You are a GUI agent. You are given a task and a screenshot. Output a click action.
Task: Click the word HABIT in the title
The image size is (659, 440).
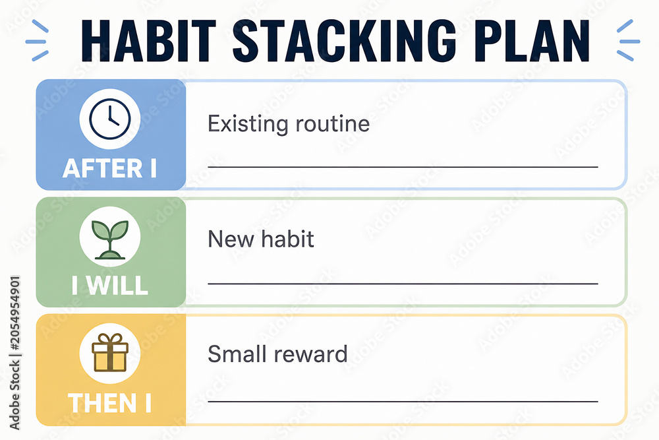(x=148, y=41)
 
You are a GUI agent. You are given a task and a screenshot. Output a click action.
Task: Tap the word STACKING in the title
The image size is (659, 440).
(x=345, y=41)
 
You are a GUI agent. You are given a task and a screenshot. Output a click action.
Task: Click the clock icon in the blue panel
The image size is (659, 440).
(x=109, y=119)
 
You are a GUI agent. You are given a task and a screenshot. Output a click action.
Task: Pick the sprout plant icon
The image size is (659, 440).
(x=109, y=239)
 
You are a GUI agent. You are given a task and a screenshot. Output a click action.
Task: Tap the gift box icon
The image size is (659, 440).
(x=109, y=352)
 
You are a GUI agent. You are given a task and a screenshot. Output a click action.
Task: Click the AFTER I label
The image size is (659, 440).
(x=109, y=168)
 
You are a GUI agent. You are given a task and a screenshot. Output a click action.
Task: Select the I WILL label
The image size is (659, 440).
(x=109, y=285)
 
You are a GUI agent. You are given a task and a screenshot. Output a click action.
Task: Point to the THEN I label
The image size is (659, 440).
(x=109, y=402)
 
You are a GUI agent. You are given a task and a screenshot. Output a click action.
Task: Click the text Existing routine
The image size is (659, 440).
(x=289, y=123)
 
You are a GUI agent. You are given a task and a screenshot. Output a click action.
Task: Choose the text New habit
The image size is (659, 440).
(x=261, y=239)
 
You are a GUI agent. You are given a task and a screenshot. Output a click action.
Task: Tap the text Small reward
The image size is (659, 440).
(x=277, y=354)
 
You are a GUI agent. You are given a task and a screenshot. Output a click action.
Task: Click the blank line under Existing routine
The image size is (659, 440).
(x=403, y=167)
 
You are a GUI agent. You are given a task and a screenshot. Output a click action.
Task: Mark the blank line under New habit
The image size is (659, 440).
(x=403, y=284)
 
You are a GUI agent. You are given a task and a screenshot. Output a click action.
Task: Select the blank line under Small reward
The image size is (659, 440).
(x=403, y=401)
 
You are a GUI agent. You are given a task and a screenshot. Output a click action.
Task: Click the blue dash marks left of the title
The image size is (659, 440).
(x=37, y=40)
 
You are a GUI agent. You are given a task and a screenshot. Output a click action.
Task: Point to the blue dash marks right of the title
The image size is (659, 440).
(x=628, y=40)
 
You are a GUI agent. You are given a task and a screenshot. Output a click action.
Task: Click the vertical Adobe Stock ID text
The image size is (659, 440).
(x=14, y=352)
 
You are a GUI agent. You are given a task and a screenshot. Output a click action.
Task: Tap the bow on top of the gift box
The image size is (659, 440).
(x=109, y=338)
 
